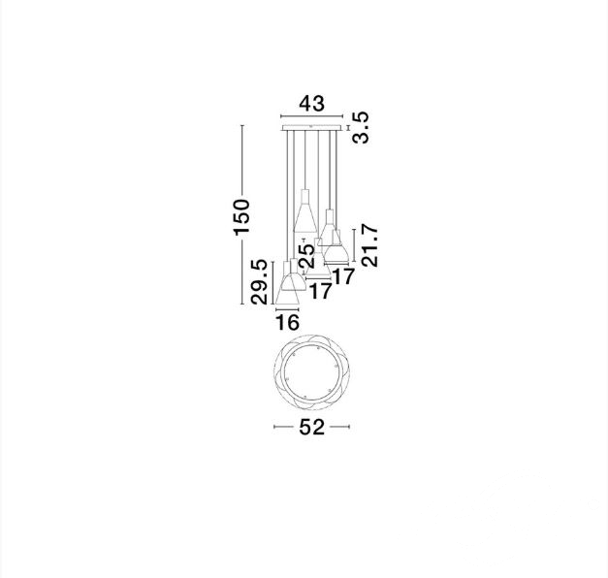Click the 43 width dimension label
point(311,103)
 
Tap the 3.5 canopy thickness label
point(361,128)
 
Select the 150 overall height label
point(241,217)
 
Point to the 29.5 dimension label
point(259,282)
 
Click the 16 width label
point(287,322)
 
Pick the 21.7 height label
point(369,245)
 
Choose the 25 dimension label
point(307,256)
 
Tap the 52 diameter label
point(311,427)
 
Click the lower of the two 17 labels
point(321,291)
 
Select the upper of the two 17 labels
point(343,276)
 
